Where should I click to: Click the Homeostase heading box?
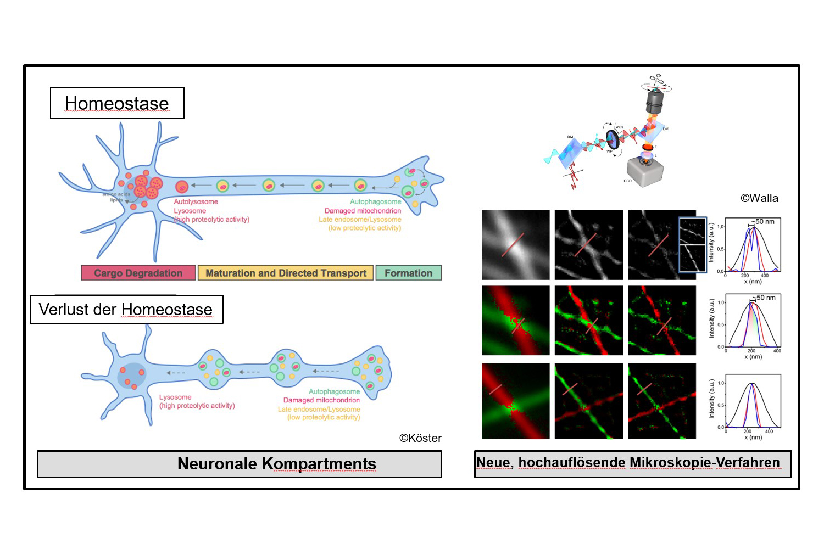(x=117, y=103)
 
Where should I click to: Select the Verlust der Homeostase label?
(x=126, y=310)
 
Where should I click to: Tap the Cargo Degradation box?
(x=138, y=273)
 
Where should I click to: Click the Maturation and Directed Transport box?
(x=286, y=273)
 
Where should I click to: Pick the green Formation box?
(x=408, y=273)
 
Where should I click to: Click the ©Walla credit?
(x=759, y=198)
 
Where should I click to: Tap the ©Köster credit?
(x=420, y=438)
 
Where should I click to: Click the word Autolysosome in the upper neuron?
(x=196, y=202)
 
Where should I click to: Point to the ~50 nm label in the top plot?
(x=764, y=222)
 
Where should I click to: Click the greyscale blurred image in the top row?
(x=515, y=245)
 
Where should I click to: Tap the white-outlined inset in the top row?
(x=692, y=245)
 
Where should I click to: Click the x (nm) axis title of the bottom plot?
(x=753, y=437)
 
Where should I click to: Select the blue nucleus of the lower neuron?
(x=132, y=376)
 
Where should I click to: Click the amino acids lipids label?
(x=116, y=197)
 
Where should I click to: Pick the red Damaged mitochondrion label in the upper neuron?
(x=363, y=211)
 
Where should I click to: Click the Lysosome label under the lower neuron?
(x=175, y=397)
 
